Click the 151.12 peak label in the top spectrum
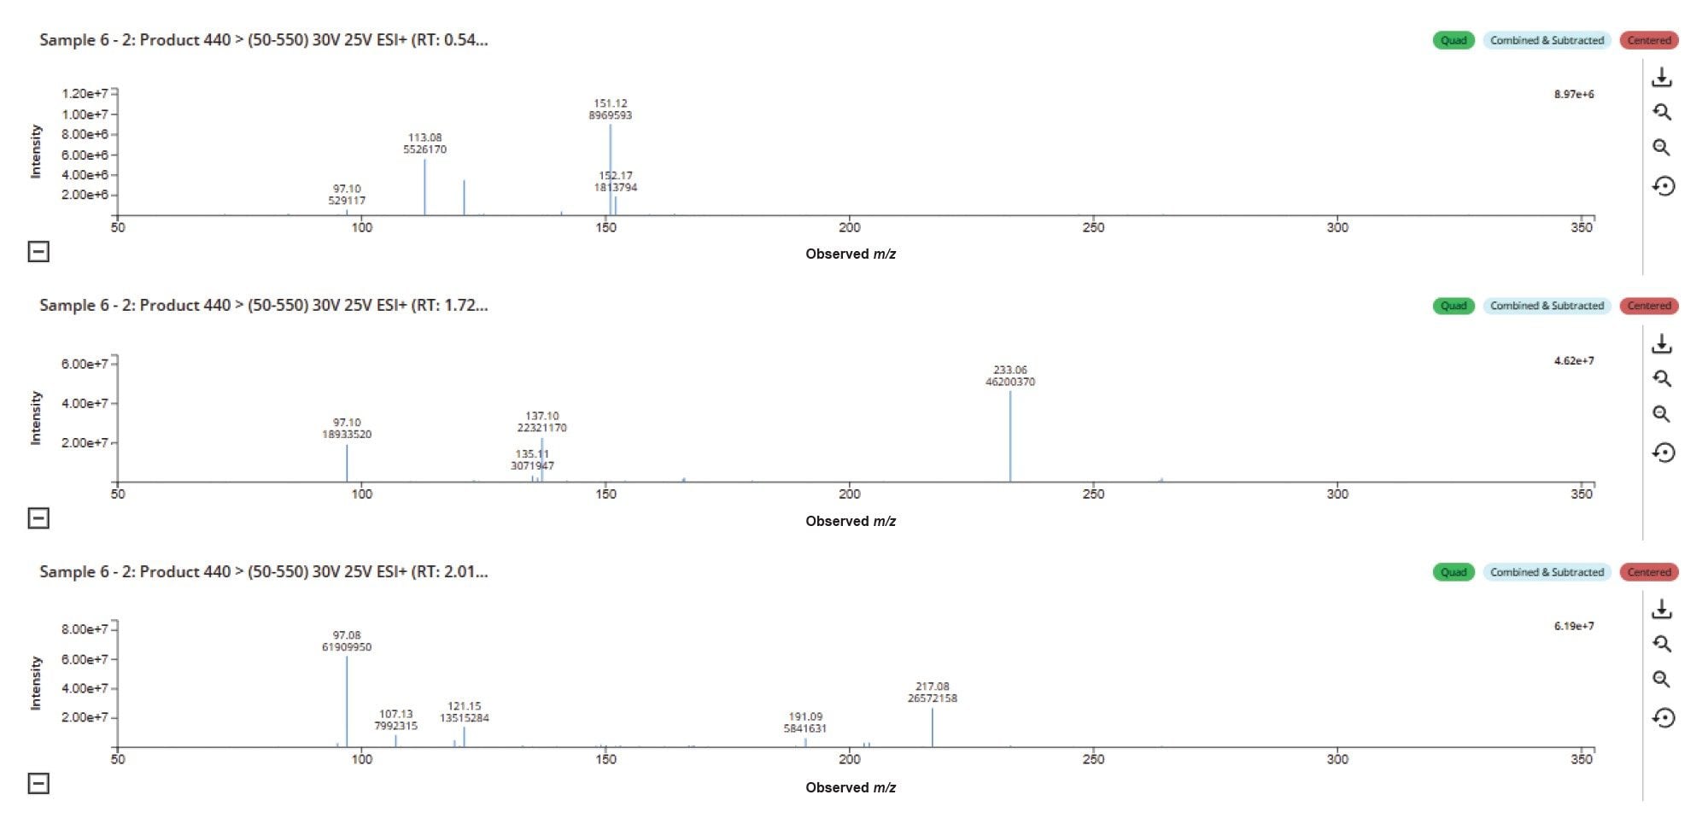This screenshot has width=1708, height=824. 610,109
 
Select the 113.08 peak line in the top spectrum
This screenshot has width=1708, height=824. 424,188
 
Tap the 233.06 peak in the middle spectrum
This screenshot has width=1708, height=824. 1010,435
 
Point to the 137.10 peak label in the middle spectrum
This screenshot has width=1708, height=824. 541,422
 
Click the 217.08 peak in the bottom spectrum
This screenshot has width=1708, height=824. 932,728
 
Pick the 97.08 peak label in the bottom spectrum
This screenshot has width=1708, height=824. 347,641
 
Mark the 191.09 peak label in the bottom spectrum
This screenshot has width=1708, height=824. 804,722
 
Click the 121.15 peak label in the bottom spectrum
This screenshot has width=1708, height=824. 464,712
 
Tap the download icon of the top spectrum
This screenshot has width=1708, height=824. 1661,78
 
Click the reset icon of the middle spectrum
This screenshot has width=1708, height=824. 1663,453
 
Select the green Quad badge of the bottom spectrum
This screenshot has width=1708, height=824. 1453,572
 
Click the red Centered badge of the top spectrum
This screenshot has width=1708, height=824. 1648,40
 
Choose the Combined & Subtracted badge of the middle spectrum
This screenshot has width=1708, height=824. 1547,306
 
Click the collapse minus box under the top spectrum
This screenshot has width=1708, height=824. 38,251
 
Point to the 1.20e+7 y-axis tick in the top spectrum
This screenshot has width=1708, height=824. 85,93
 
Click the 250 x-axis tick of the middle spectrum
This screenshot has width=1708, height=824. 1093,494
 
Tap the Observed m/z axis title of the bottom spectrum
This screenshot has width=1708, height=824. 851,787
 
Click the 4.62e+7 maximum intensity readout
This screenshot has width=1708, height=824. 1573,360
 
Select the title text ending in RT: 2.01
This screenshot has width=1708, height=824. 263,571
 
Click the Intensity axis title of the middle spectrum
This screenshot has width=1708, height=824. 36,418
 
